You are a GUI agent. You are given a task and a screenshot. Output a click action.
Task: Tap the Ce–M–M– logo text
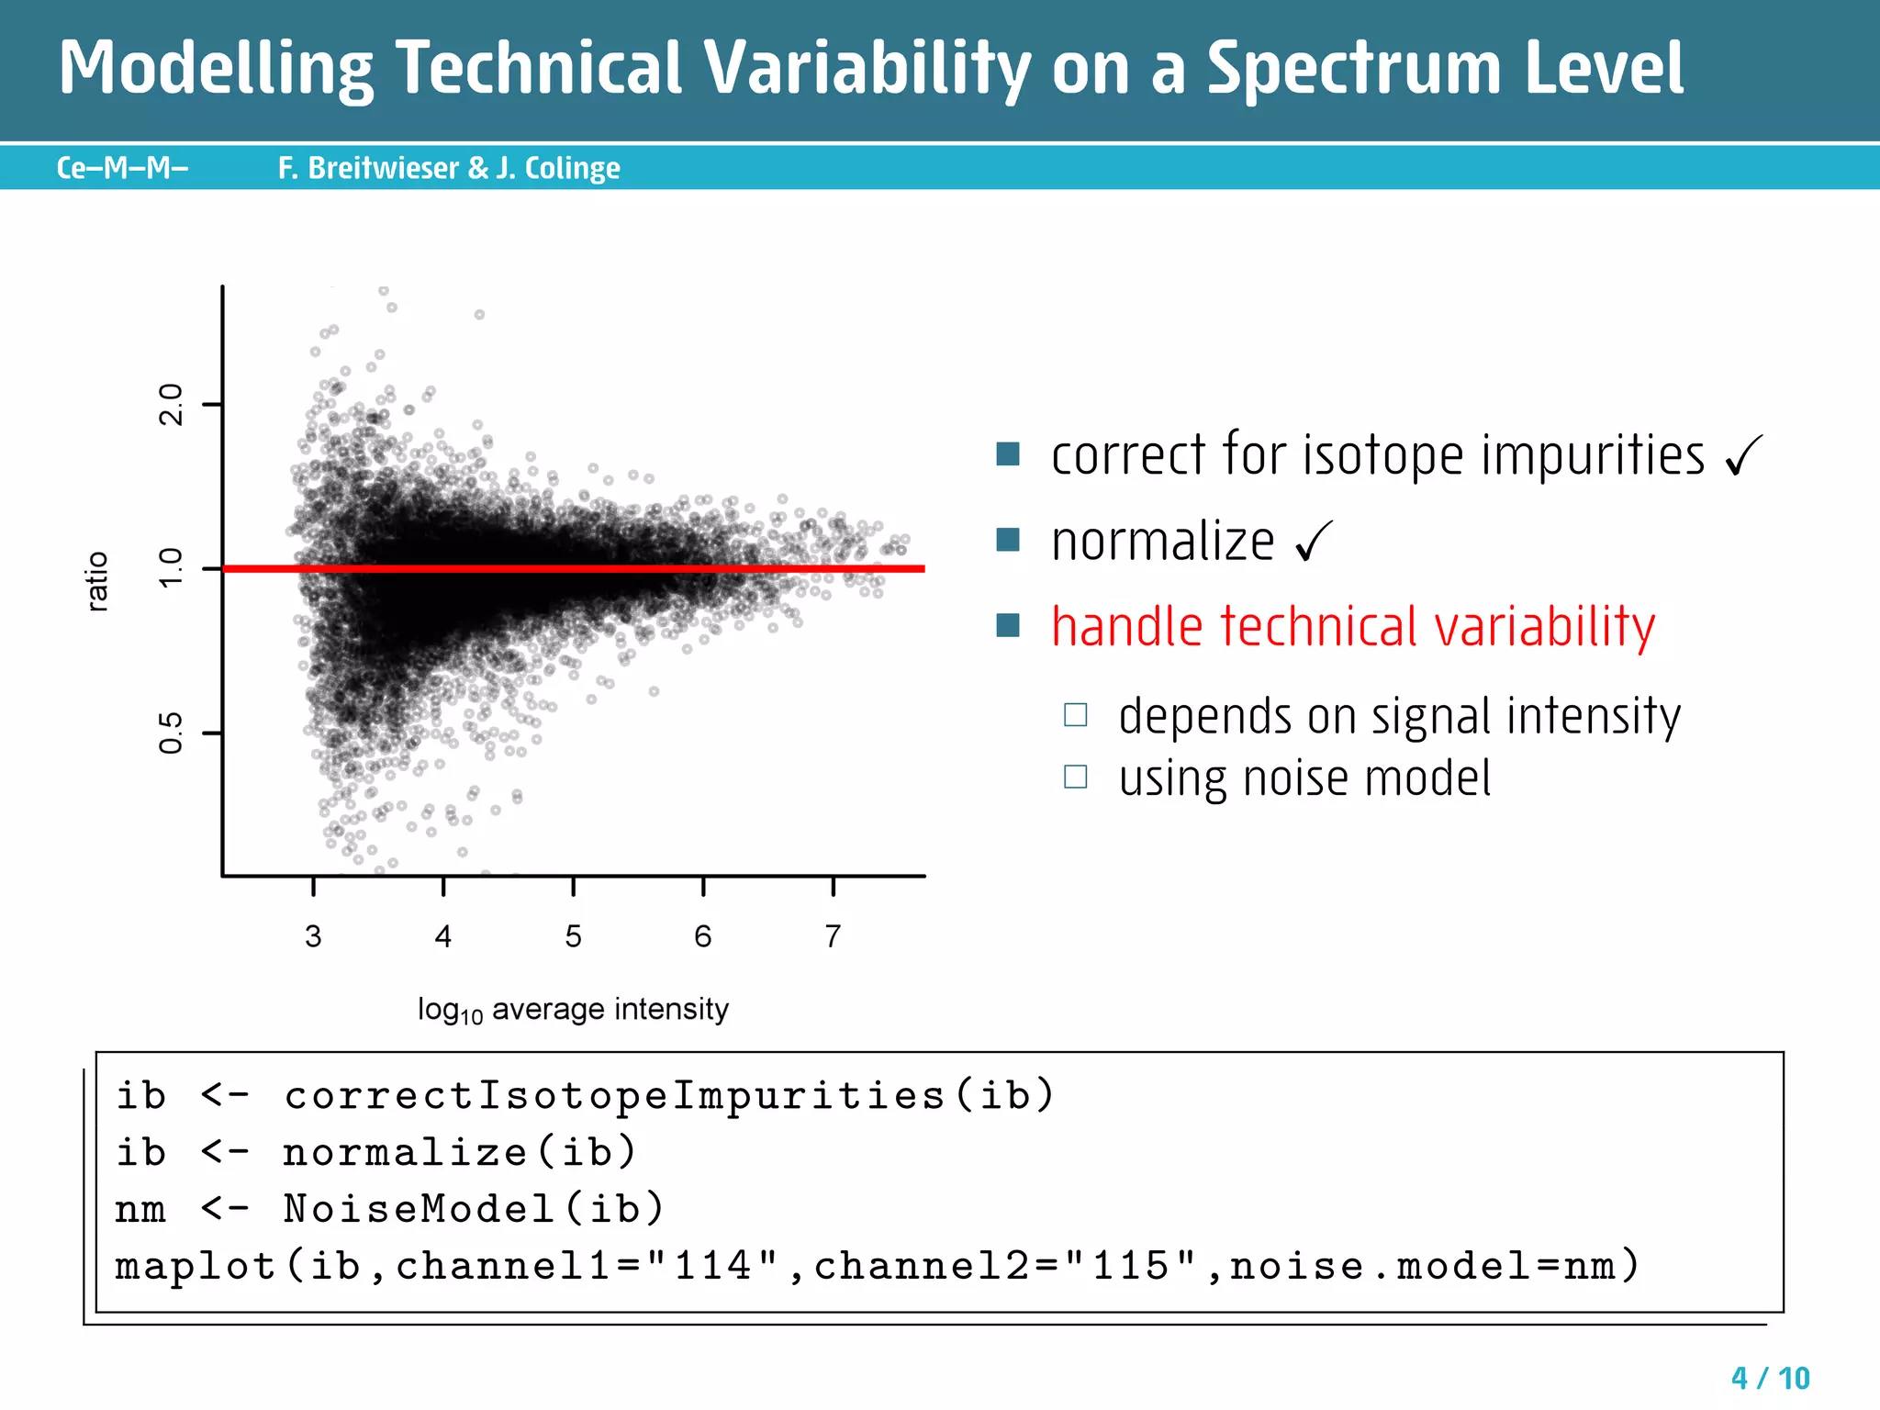click(122, 168)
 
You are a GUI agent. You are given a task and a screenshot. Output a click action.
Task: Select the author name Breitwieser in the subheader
click(383, 168)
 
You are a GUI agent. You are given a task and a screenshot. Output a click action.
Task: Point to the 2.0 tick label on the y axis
click(172, 404)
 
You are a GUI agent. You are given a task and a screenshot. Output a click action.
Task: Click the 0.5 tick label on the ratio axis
click(172, 733)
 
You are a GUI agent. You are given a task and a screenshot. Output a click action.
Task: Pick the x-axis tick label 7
click(833, 936)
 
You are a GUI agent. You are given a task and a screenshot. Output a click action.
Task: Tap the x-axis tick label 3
click(313, 936)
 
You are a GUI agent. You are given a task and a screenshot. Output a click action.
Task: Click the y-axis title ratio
click(97, 581)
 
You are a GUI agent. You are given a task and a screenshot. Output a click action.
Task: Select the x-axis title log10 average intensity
click(573, 1010)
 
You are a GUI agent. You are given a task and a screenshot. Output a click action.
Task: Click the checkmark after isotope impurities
click(1743, 455)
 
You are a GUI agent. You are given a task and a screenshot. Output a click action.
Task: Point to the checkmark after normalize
click(1314, 542)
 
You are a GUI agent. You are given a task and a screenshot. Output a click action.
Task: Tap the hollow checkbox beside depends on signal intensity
click(1075, 715)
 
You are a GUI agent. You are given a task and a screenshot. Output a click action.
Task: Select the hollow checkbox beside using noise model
click(1075, 778)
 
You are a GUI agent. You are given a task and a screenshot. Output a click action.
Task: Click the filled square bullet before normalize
click(1008, 540)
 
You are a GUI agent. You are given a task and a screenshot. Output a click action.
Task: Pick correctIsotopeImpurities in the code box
click(614, 1096)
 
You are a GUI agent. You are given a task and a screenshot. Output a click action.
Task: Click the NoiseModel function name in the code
click(419, 1209)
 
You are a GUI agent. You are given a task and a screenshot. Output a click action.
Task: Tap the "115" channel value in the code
click(1131, 1266)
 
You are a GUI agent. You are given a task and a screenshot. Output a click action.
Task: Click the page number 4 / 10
click(1770, 1378)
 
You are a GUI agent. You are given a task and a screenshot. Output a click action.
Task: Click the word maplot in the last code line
click(196, 1266)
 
